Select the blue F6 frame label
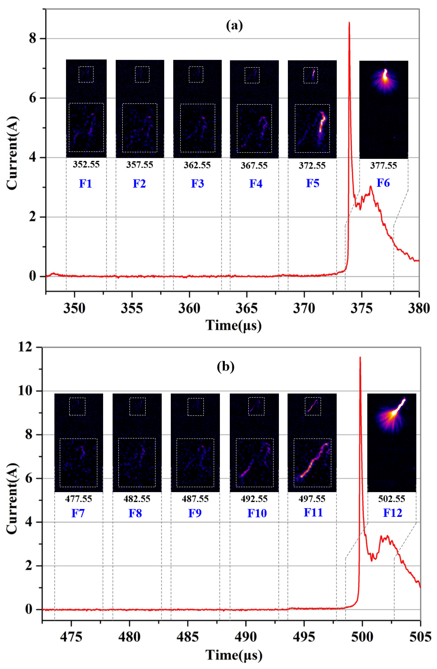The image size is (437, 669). point(383,183)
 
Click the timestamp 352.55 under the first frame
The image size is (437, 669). point(86,164)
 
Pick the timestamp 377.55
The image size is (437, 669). point(383,165)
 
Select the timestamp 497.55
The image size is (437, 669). point(312,499)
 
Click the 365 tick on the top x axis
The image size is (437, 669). point(246,308)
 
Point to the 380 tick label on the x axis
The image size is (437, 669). point(419,308)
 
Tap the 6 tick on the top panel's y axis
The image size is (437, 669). point(33,98)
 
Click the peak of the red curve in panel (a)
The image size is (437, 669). point(349,22)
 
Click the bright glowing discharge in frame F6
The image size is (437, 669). point(385,76)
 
